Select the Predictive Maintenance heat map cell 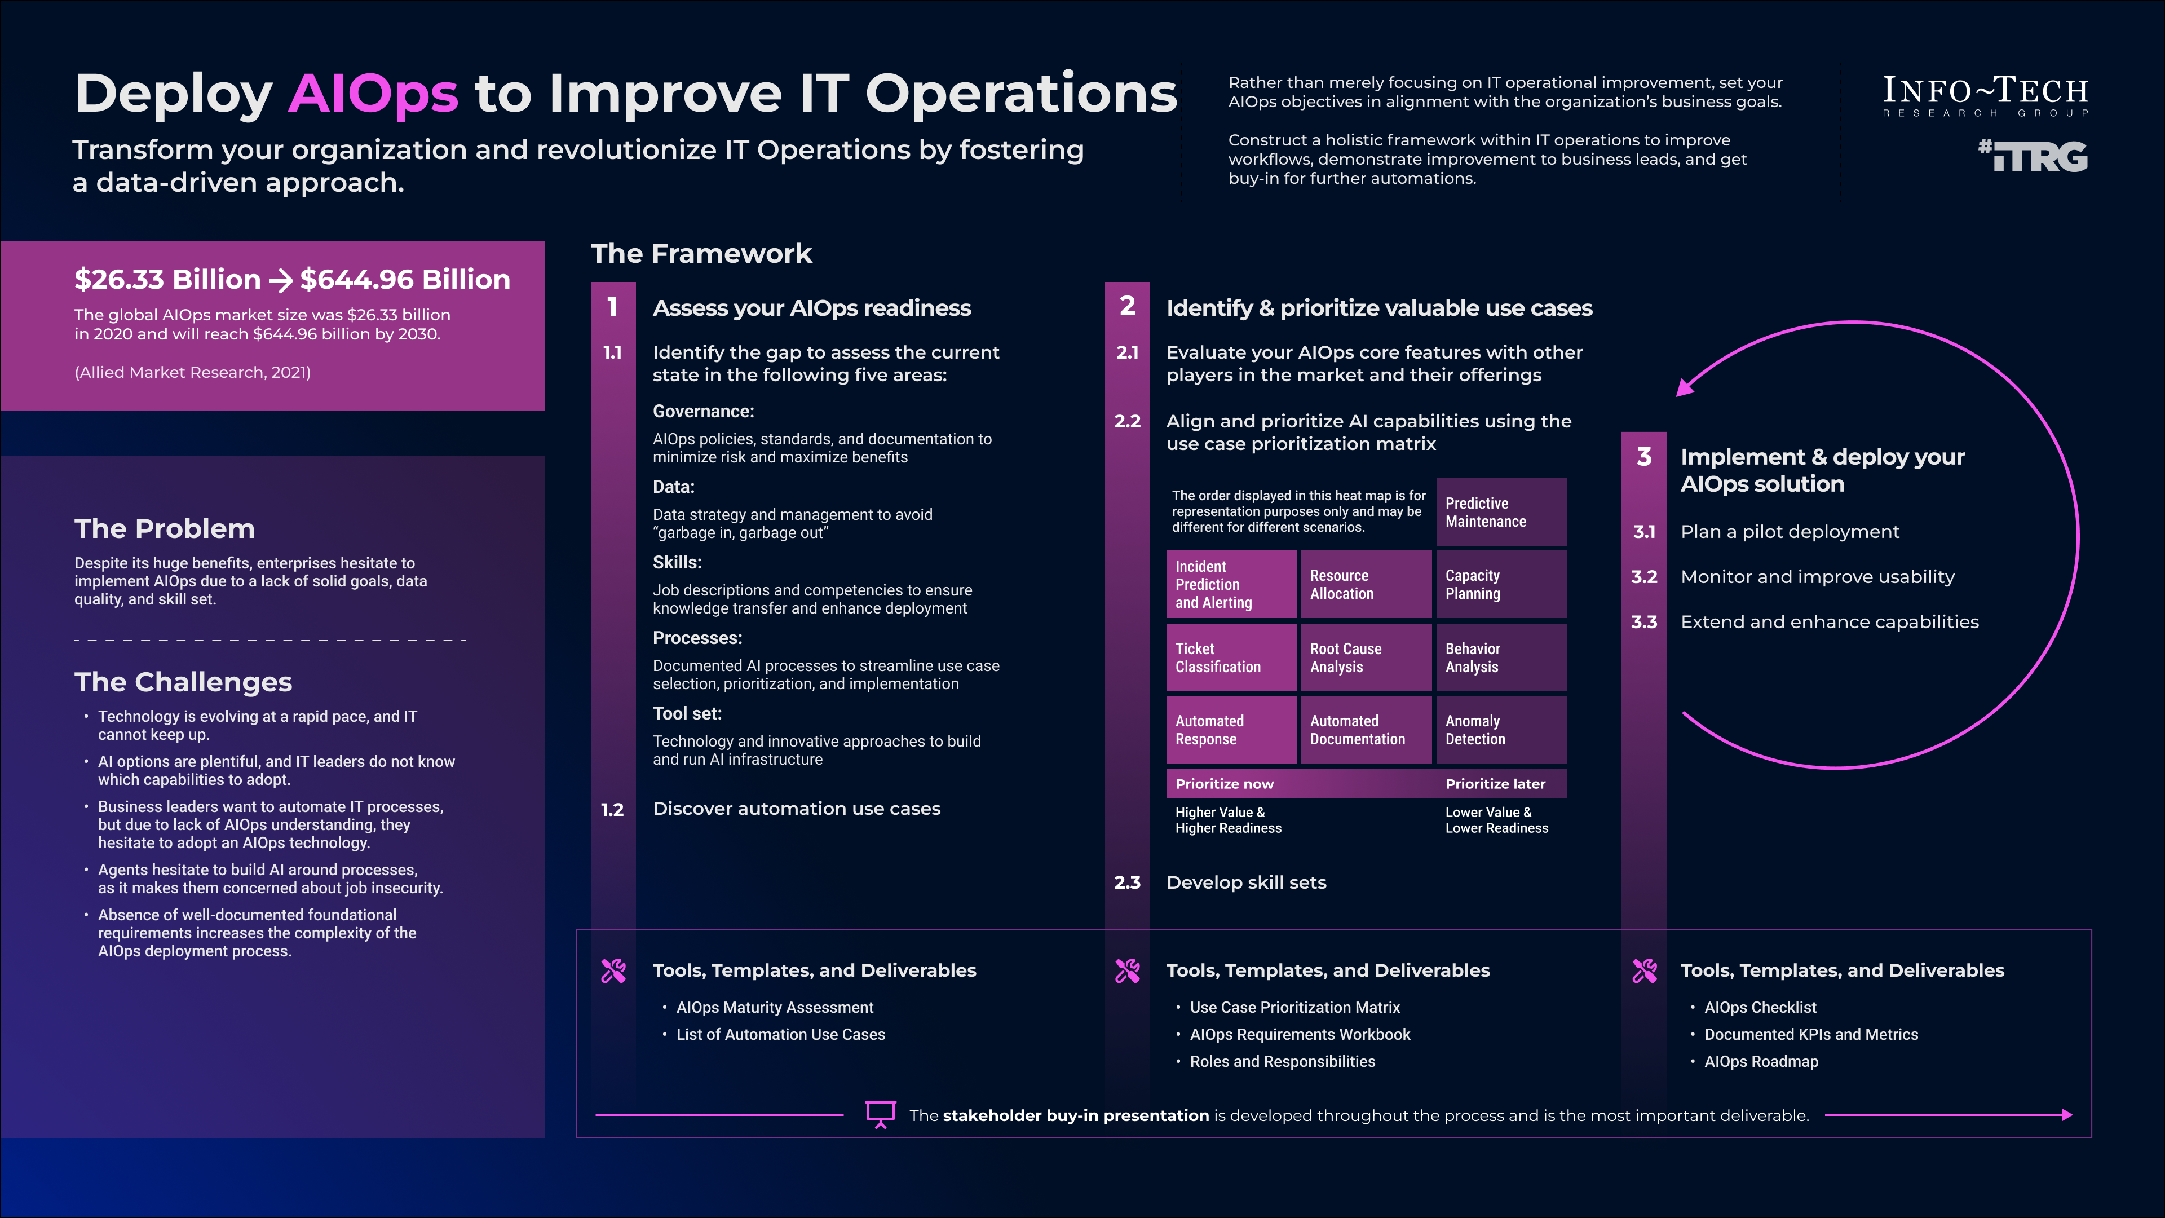click(1501, 512)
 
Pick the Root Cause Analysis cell click(1366, 657)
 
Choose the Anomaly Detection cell click(1501, 730)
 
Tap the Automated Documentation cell click(1366, 730)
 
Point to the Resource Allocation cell click(1366, 584)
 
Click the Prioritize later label click(1495, 783)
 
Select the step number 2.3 click(1127, 882)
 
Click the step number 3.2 click(1644, 577)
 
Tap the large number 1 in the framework click(613, 307)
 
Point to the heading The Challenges click(183, 682)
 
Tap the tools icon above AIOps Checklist click(1644, 971)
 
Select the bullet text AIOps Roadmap click(1761, 1062)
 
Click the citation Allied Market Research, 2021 click(192, 372)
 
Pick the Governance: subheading click(704, 411)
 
